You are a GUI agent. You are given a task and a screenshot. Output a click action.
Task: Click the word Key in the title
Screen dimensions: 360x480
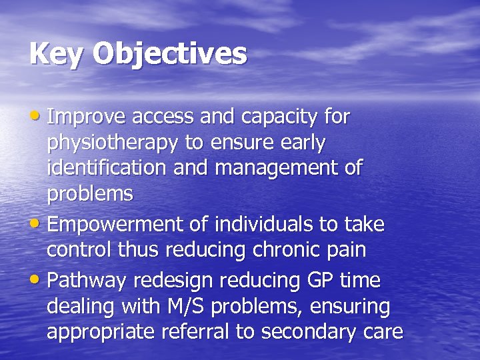[55, 54]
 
